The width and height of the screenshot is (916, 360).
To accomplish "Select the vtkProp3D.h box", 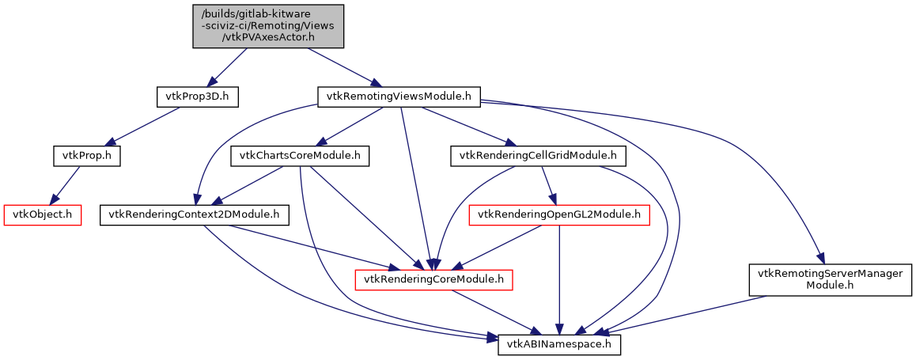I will click(197, 97).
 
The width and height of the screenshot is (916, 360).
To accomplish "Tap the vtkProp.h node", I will click(86, 156).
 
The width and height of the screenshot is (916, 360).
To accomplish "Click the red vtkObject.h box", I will click(44, 214).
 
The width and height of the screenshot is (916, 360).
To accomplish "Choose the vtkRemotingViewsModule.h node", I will click(399, 97).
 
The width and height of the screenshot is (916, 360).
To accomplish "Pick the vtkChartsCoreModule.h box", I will click(300, 156).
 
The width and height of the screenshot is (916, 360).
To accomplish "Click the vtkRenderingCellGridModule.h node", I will click(538, 156).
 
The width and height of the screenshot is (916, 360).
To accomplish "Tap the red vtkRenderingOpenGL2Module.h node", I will click(559, 214).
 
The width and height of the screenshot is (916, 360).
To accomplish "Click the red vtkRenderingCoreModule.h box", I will click(434, 279).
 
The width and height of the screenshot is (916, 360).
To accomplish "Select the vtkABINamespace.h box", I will click(559, 345).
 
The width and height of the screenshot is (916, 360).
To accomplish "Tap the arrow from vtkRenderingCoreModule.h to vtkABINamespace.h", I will click(498, 313).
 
